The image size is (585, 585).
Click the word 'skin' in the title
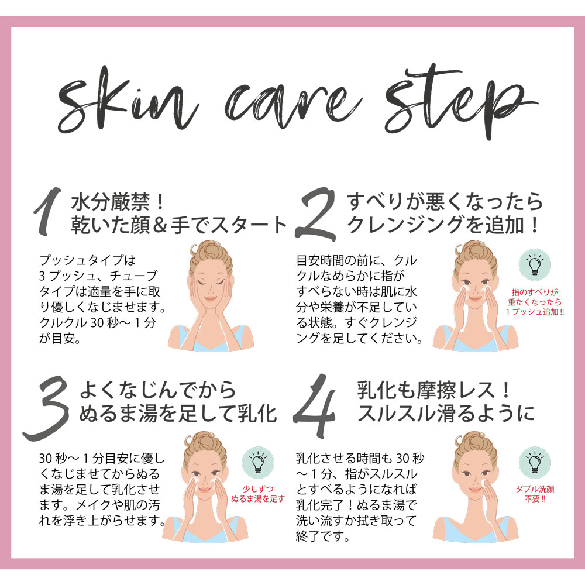[x=127, y=101]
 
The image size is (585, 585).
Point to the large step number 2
[x=315, y=214]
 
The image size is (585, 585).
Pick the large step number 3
[x=47, y=408]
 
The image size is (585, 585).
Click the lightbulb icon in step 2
[x=534, y=264]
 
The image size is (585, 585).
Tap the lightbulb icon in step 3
[x=258, y=463]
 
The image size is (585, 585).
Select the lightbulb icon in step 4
[x=534, y=463]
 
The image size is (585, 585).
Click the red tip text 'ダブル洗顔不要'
[x=535, y=494]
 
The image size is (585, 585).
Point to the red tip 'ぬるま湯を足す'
[x=258, y=499]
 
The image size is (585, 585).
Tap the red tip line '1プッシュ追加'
[x=535, y=312]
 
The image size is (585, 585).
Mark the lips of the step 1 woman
[x=210, y=298]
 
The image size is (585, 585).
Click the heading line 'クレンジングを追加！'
[x=443, y=225]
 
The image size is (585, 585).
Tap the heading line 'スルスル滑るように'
[x=446, y=414]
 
